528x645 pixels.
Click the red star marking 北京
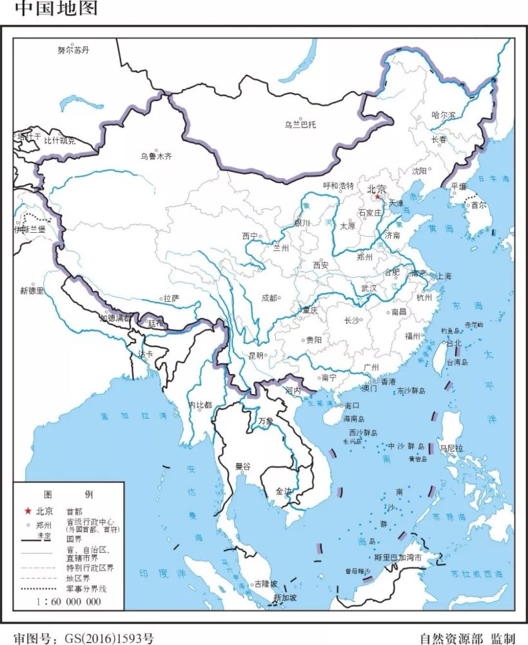click(x=378, y=197)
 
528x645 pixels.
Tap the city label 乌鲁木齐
click(x=157, y=156)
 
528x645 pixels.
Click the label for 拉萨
click(x=171, y=298)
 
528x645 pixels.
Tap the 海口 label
click(x=351, y=406)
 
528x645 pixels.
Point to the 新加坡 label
click(x=284, y=598)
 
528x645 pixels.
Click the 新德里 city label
click(x=32, y=291)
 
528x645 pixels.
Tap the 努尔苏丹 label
click(x=73, y=50)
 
